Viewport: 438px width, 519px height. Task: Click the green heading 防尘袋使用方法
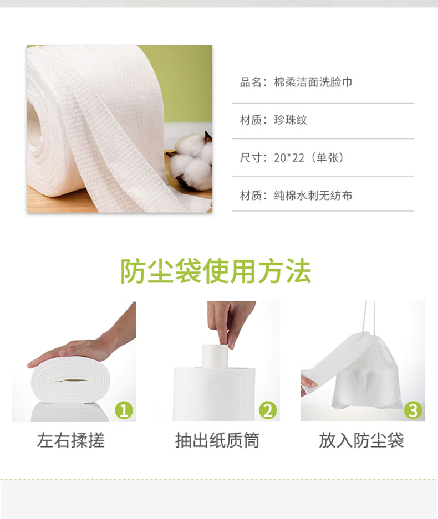pyautogui.click(x=215, y=271)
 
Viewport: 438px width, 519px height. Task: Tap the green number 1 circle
pyautogui.click(x=124, y=410)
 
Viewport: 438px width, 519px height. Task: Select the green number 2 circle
pyautogui.click(x=268, y=410)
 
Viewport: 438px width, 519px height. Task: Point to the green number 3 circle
pyautogui.click(x=413, y=410)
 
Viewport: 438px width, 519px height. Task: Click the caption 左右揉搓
pyautogui.click(x=70, y=440)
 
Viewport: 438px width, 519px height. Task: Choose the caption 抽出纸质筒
pyautogui.click(x=217, y=440)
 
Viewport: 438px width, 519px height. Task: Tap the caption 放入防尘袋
pyautogui.click(x=361, y=440)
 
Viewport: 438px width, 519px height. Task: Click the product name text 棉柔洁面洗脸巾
pyautogui.click(x=313, y=83)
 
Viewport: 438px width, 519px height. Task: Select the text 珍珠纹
pyautogui.click(x=291, y=120)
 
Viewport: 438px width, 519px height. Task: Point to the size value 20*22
pyautogui.click(x=289, y=158)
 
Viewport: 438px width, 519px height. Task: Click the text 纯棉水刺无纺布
pyautogui.click(x=313, y=196)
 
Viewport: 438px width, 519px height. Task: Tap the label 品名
pyautogui.click(x=251, y=83)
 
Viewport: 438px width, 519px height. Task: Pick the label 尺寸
pyautogui.click(x=251, y=158)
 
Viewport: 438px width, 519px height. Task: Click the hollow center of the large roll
pyautogui.click(x=33, y=124)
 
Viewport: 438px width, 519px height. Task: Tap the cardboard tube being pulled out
pyautogui.click(x=215, y=356)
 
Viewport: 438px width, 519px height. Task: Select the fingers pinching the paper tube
pyautogui.click(x=230, y=326)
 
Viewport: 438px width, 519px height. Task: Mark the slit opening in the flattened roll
pyautogui.click(x=70, y=381)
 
